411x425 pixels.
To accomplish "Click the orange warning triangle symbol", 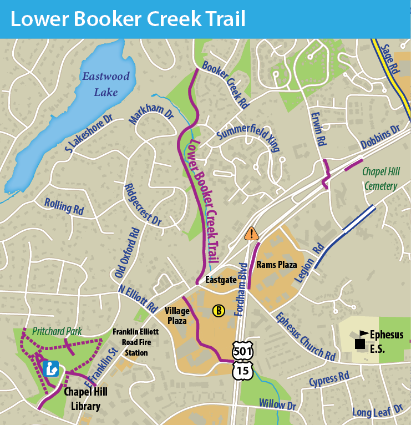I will pyautogui.click(x=251, y=234).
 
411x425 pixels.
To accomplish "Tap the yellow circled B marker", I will pyautogui.click(x=219, y=311).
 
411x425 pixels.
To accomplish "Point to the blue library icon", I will pyautogui.click(x=52, y=368).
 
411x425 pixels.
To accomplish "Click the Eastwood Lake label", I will pyautogui.click(x=106, y=84).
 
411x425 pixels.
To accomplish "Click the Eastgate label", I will pyautogui.click(x=218, y=280).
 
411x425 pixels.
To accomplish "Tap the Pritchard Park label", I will pyautogui.click(x=57, y=331).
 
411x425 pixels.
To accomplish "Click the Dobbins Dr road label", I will pyautogui.click(x=380, y=139).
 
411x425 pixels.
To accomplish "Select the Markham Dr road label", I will pyautogui.click(x=151, y=113).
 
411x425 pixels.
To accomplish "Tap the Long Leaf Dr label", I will pyautogui.click(x=377, y=411).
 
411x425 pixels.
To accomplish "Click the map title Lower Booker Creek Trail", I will pyautogui.click(x=128, y=19).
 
